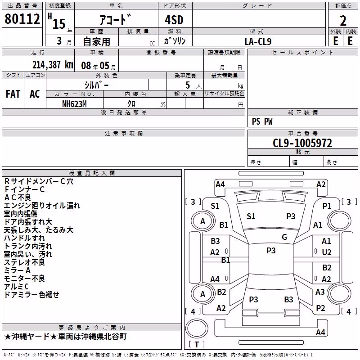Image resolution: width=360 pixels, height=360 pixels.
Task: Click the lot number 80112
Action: [x=22, y=18]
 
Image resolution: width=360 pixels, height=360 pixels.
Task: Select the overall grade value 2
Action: [x=343, y=21]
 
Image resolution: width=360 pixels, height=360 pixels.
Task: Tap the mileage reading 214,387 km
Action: [x=53, y=65]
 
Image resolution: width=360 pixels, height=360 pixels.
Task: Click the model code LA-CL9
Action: [x=258, y=41]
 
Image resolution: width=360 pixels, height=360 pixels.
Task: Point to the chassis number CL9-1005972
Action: [x=302, y=143]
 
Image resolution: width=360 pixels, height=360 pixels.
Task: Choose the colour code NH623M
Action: [x=74, y=104]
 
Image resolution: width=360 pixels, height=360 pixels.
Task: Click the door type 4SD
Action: [x=174, y=20]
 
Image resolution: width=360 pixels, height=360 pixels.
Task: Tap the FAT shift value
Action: [x=13, y=94]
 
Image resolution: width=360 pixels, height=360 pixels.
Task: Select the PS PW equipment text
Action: [x=262, y=121]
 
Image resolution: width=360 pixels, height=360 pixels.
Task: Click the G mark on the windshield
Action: [x=284, y=237]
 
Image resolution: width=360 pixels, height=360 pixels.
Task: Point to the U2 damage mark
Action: [x=327, y=252]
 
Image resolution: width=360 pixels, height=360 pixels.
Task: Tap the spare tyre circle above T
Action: [x=197, y=328]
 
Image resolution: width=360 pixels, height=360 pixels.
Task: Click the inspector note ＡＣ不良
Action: [x=18, y=198]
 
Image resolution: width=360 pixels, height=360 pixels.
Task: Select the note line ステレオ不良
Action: [x=24, y=262]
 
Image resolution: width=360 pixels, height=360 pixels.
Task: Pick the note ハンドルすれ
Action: [x=24, y=238]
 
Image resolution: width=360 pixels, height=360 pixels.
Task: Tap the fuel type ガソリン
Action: [x=175, y=41]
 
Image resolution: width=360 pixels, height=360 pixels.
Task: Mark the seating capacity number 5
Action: [x=188, y=85]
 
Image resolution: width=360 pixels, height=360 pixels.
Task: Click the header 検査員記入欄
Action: [x=92, y=173]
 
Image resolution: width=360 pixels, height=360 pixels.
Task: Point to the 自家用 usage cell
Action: [x=96, y=41]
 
